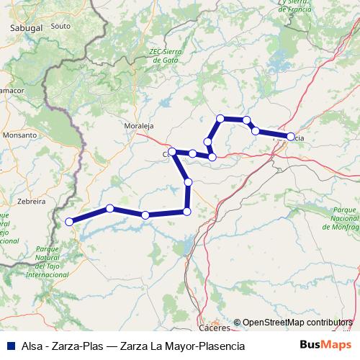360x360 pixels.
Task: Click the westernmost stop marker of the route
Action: click(69, 222)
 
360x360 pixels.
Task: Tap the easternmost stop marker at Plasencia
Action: click(291, 136)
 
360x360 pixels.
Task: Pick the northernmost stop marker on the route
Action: click(220, 118)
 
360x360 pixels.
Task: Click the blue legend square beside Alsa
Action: click(9, 346)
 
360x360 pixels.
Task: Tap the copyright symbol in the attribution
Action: click(237, 322)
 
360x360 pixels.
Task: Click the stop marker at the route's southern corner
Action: click(187, 211)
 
